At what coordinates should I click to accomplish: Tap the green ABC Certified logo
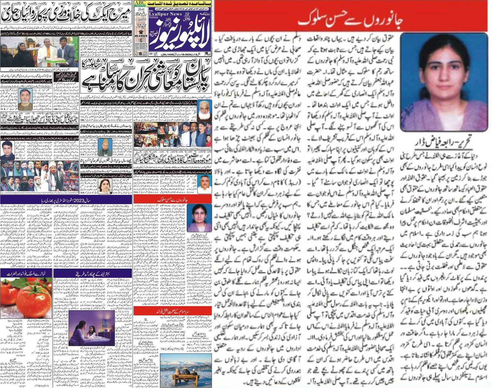click(x=140, y=4)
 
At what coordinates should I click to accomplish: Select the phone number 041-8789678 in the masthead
click(x=140, y=36)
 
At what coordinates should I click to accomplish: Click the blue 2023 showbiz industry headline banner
click(x=66, y=199)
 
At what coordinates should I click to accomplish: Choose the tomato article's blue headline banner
click(x=26, y=273)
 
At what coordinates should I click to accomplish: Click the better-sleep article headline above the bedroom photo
click(x=93, y=273)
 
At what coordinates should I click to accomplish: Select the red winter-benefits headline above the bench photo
click(x=172, y=311)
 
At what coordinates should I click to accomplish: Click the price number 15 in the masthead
click(x=140, y=54)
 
